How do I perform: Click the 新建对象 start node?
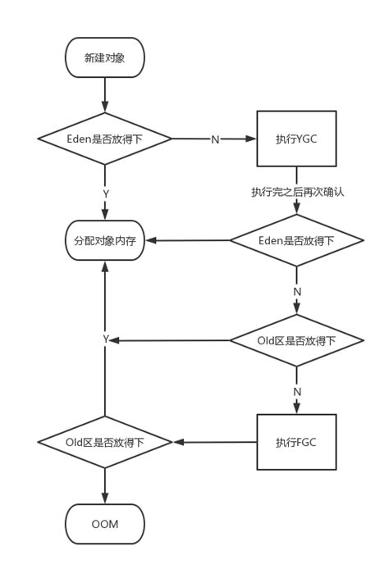pos(105,57)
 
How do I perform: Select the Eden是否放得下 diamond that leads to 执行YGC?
pos(105,139)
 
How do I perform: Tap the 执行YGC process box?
pos(296,139)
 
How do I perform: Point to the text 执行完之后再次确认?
pos(297,192)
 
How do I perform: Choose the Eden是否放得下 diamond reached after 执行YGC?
pos(296,241)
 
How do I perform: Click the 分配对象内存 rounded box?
pos(105,241)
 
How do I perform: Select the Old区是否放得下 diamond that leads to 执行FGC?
pos(296,340)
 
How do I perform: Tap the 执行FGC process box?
pos(296,442)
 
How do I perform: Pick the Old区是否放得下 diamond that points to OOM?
pos(105,442)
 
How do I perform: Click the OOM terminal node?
pos(105,524)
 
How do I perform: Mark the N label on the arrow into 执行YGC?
pos(215,139)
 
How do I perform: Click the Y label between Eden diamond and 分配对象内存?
pos(105,193)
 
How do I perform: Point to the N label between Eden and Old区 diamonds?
pos(297,292)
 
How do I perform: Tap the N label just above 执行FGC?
pos(297,392)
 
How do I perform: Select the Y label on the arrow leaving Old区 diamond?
pos(105,339)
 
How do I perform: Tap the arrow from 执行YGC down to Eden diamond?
pos(296,207)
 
